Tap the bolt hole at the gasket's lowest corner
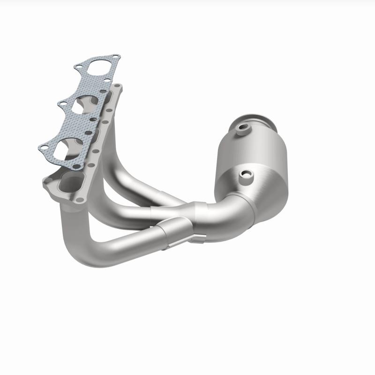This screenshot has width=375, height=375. coord(76,166)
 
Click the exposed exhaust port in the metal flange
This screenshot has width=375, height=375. coord(70,180)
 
